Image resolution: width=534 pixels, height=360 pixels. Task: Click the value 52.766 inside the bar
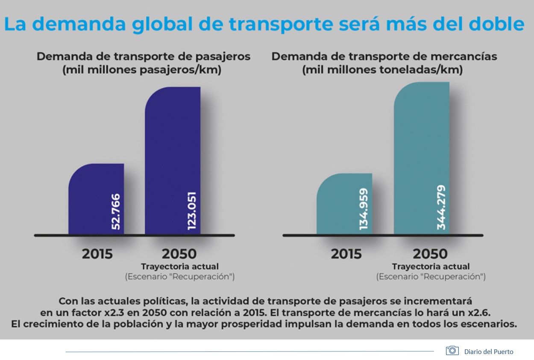(x=116, y=212)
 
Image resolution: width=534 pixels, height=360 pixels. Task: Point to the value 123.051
(x=192, y=207)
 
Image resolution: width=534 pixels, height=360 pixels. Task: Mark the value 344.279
(x=441, y=207)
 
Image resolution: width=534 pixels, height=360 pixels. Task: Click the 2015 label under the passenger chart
(x=97, y=254)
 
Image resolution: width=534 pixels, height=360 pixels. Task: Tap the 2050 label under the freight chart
(x=430, y=254)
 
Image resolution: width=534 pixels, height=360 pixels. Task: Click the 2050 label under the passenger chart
(x=179, y=254)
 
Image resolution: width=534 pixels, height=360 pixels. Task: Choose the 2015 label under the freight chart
(x=346, y=254)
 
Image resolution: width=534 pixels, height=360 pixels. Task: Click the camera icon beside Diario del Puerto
(x=452, y=351)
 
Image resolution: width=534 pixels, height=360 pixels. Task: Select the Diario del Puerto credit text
(x=489, y=351)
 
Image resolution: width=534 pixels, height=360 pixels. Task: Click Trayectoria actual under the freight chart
(x=431, y=267)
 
